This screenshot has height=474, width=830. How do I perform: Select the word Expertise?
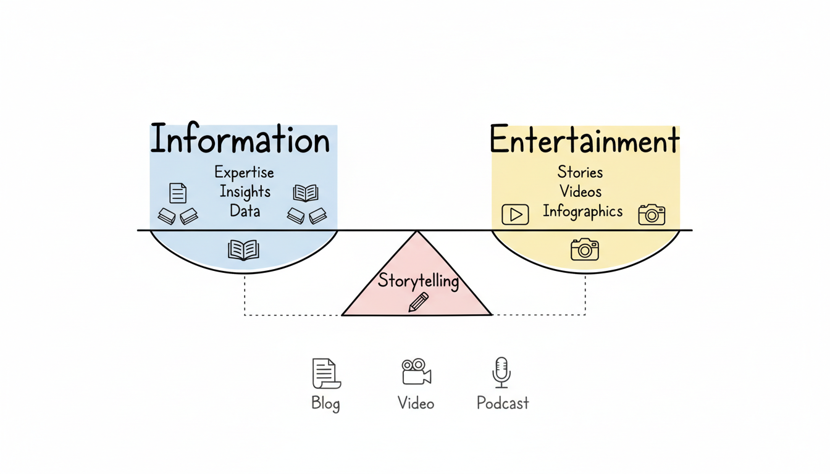pyautogui.click(x=244, y=172)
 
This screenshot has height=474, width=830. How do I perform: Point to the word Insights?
pyautogui.click(x=245, y=191)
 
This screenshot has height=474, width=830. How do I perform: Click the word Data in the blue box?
pyautogui.click(x=245, y=211)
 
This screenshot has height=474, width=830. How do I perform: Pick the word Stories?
pyautogui.click(x=580, y=172)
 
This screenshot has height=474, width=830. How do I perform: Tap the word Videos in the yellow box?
pyautogui.click(x=580, y=191)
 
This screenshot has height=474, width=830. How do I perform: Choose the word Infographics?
pyautogui.click(x=582, y=212)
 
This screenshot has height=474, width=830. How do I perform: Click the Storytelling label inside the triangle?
pyautogui.click(x=418, y=281)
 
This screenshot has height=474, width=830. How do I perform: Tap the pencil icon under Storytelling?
pyautogui.click(x=418, y=302)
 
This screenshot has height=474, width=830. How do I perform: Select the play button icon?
pyautogui.click(x=515, y=214)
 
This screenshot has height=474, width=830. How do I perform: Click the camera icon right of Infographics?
pyautogui.click(x=652, y=214)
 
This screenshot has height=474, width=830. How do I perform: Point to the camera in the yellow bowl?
pyautogui.click(x=584, y=249)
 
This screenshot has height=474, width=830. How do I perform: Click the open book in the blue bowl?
pyautogui.click(x=243, y=250)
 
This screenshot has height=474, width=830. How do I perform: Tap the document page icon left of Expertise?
pyautogui.click(x=178, y=193)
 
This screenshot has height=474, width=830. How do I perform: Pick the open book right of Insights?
pyautogui.click(x=306, y=193)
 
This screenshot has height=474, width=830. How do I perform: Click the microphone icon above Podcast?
pyautogui.click(x=501, y=372)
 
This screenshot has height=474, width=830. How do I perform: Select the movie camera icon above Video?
pyautogui.click(x=416, y=372)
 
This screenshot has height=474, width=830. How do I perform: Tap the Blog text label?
pyautogui.click(x=325, y=404)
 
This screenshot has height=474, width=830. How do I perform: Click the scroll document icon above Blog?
pyautogui.click(x=325, y=373)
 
